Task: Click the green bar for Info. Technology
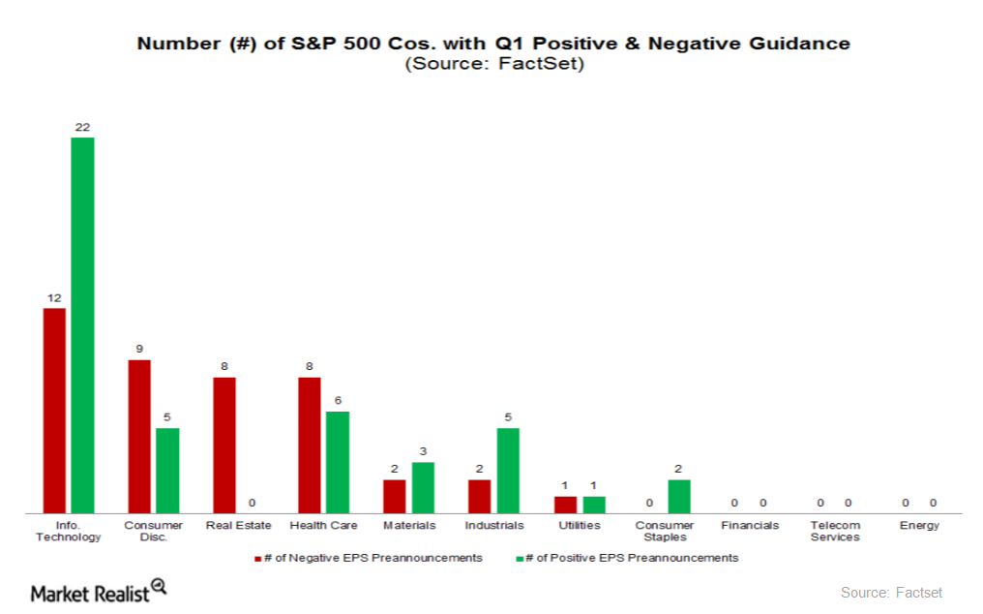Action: tap(82, 324)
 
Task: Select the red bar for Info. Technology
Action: tap(54, 410)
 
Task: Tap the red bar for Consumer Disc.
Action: tap(139, 436)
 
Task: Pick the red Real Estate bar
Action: tap(224, 445)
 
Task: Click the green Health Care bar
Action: tap(338, 461)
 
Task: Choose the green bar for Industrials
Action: tap(508, 470)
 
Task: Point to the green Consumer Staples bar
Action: tap(679, 496)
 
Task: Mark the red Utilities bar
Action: tap(565, 504)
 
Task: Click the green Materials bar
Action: tap(423, 487)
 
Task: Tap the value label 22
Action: tap(82, 127)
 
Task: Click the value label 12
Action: tap(54, 298)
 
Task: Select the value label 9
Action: tap(139, 350)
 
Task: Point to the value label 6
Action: tap(338, 401)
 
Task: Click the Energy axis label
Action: tap(919, 525)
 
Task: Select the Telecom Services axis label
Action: tap(834, 531)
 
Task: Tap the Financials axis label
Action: tap(749, 525)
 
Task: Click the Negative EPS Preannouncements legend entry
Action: tap(368, 558)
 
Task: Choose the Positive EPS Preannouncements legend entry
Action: tap(629, 558)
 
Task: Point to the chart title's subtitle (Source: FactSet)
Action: tap(493, 64)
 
